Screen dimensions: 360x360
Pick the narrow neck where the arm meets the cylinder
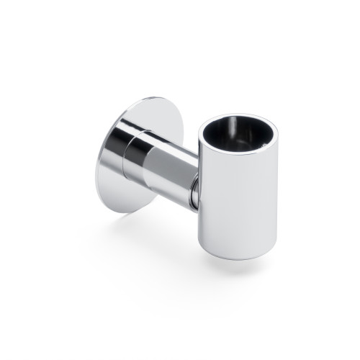pos(196,191)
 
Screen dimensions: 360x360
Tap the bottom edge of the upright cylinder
pos(234,257)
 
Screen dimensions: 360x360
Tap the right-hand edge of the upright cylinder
pos(276,194)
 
